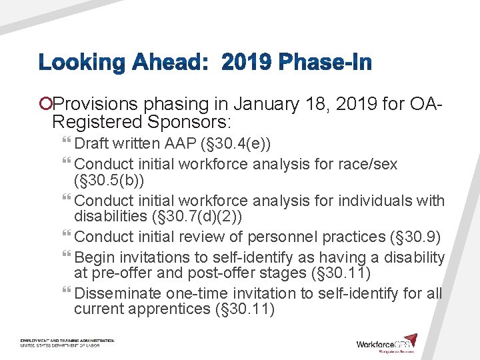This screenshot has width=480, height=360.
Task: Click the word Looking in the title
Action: (x=82, y=64)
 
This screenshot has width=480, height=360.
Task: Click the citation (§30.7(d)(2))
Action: (x=207, y=216)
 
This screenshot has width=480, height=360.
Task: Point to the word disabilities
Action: (x=111, y=216)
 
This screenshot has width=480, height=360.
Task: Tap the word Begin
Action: (x=94, y=257)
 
